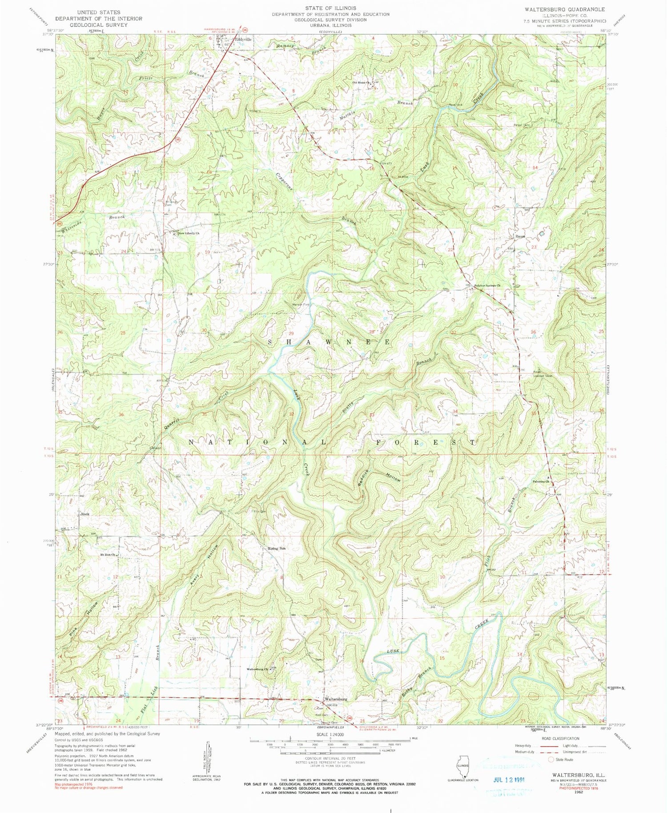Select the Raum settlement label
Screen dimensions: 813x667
point(520,236)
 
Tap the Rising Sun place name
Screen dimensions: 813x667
point(276,548)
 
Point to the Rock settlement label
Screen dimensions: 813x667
point(85,514)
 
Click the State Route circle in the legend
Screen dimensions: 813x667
point(551,760)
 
